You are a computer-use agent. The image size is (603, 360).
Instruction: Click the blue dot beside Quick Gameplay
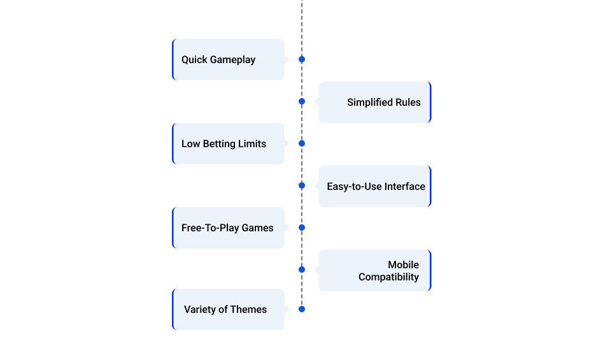tap(302, 59)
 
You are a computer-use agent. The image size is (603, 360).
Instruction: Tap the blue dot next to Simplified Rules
tap(302, 101)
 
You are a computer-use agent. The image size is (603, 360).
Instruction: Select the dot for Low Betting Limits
tap(302, 143)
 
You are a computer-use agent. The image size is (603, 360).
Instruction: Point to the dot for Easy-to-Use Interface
tap(302, 186)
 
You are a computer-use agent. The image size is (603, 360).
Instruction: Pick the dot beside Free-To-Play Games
tap(302, 227)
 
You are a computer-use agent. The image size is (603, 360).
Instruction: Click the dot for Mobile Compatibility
tap(302, 270)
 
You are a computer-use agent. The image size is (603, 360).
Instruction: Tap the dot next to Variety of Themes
tap(302, 309)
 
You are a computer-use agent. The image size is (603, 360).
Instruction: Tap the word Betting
tap(219, 144)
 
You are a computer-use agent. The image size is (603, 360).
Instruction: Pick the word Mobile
tap(404, 264)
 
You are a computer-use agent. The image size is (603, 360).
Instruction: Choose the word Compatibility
tap(389, 277)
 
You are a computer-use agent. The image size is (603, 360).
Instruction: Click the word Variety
tap(199, 310)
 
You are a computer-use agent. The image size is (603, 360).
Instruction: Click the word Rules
tap(408, 103)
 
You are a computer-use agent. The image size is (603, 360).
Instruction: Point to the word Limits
tap(252, 143)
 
